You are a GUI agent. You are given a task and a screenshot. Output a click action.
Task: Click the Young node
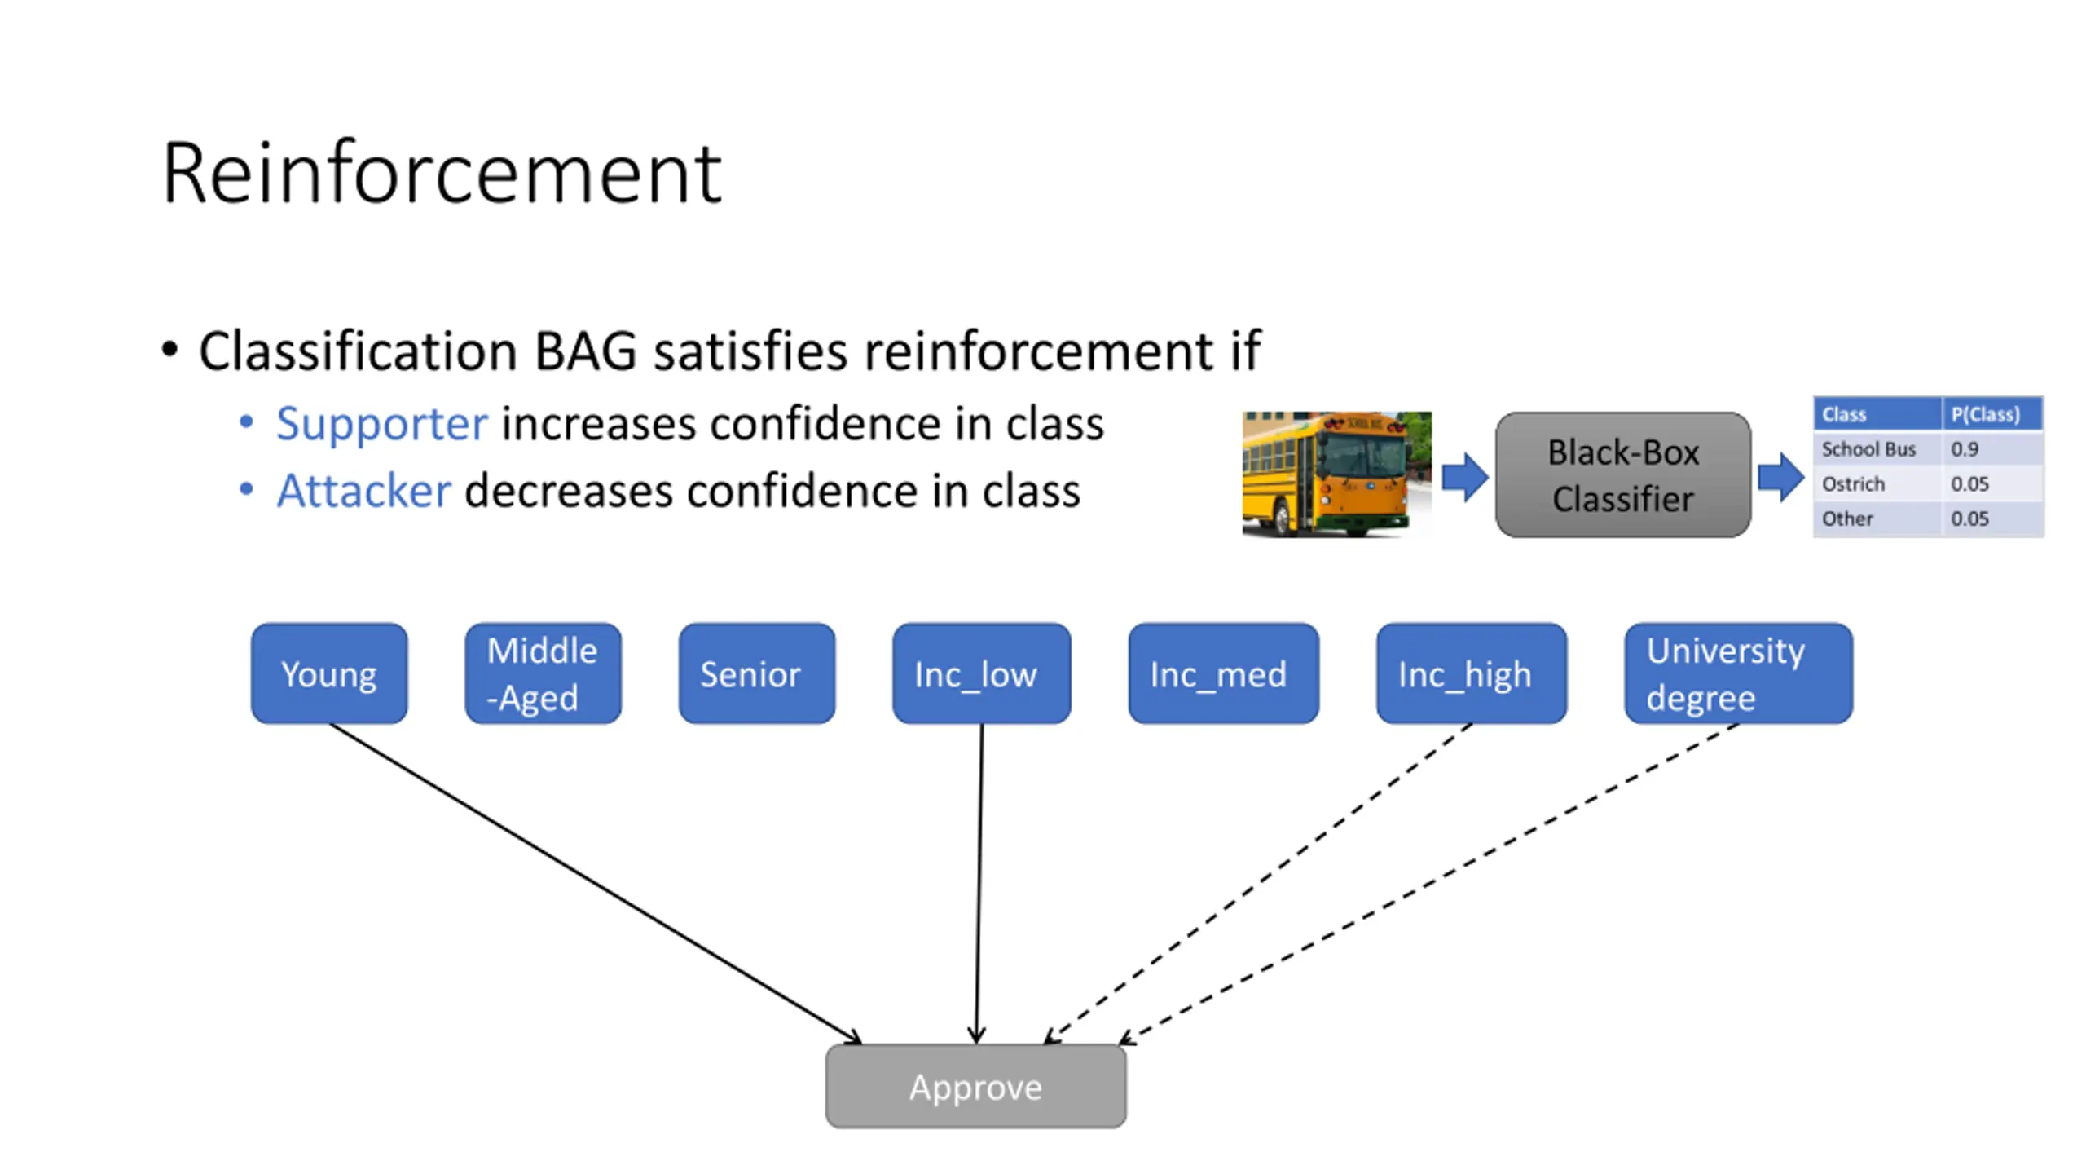pos(328,673)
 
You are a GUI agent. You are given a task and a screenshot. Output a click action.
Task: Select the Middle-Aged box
pos(543,673)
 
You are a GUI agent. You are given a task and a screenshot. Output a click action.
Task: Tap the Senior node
pos(756,673)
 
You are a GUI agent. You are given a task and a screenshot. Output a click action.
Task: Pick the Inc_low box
pos(981,673)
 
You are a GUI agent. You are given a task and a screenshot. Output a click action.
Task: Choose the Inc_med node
pos(1222,673)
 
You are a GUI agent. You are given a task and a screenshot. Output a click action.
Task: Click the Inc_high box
pos(1471,673)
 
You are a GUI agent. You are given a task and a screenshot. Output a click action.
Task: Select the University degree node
pos(1738,673)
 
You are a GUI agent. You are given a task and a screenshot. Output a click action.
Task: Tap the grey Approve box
pos(975,1087)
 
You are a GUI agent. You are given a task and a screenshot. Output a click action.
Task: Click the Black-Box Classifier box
pos(1622,474)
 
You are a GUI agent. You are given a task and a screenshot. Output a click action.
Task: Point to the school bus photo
pos(1336,474)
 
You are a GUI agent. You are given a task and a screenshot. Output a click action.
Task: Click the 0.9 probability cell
pos(1991,448)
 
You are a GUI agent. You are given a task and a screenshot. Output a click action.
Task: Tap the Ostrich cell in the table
pos(1874,483)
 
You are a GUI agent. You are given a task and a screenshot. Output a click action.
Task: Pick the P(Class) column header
pos(1991,414)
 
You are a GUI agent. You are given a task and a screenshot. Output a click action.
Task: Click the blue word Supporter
pos(381,424)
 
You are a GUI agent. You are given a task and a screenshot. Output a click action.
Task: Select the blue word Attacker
pos(363,491)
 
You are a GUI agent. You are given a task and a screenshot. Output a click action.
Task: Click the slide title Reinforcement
pos(442,173)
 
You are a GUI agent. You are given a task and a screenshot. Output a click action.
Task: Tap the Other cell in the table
pos(1874,519)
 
